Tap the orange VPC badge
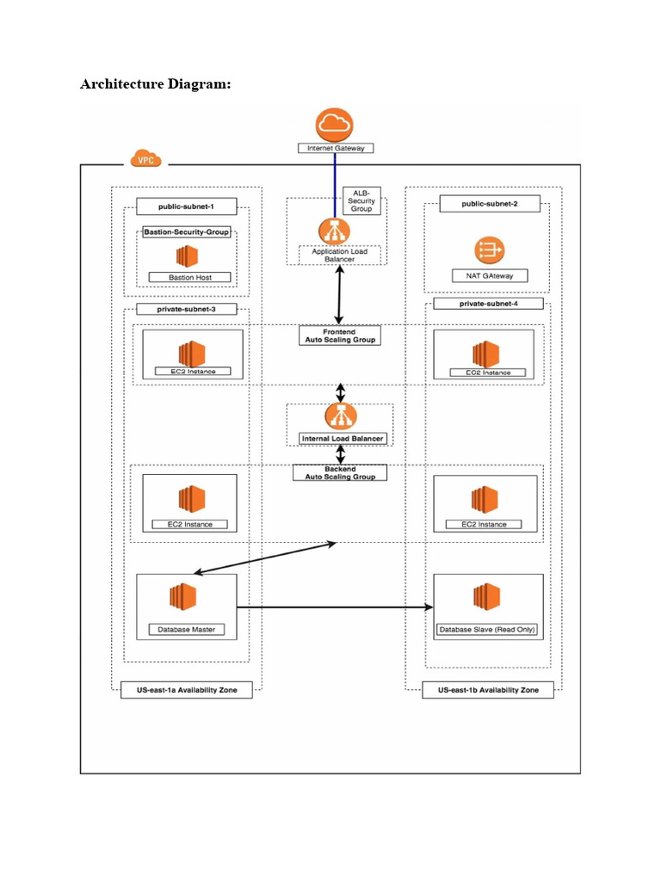point(147,159)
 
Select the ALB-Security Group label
point(361,201)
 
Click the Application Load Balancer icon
point(335,231)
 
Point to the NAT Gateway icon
point(490,250)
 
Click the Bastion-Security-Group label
point(187,232)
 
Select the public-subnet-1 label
point(185,206)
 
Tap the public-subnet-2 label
point(490,204)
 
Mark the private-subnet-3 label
point(185,308)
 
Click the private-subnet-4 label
point(488,304)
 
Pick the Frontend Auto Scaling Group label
point(338,336)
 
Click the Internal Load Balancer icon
point(341,416)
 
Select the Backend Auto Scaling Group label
point(340,473)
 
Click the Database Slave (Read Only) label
point(488,630)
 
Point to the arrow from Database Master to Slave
point(336,607)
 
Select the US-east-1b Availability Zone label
point(488,690)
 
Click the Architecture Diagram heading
point(155,84)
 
